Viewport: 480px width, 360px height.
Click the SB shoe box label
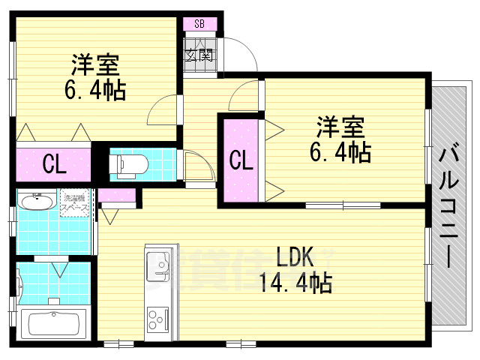(199, 23)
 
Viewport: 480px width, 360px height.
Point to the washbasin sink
(36, 202)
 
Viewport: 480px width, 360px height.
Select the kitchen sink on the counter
(159, 263)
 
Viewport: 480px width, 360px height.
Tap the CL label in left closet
(52, 163)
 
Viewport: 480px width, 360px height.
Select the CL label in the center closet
(239, 160)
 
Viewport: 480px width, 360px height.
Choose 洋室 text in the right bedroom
(340, 126)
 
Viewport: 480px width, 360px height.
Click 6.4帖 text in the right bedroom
(340, 152)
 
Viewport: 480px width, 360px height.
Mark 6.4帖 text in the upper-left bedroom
(95, 91)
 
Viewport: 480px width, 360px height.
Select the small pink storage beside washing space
(118, 197)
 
